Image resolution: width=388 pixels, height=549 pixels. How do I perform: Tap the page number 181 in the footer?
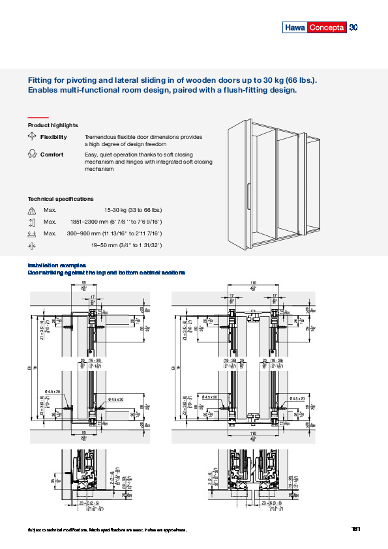[x=355, y=529]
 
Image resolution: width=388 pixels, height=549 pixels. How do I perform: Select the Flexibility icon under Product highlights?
[x=32, y=137]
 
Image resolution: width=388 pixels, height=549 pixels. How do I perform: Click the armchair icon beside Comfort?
[x=32, y=155]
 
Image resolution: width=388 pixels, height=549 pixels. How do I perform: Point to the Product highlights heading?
[x=53, y=125]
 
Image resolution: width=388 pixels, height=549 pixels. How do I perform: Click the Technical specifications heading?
[x=61, y=198]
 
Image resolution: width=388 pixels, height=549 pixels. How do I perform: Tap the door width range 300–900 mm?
[x=114, y=233]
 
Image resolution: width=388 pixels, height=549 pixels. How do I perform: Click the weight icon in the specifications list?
[x=32, y=210]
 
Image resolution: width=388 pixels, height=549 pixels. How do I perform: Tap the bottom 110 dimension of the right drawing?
[x=252, y=432]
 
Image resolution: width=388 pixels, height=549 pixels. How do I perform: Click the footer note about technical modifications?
[x=107, y=529]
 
